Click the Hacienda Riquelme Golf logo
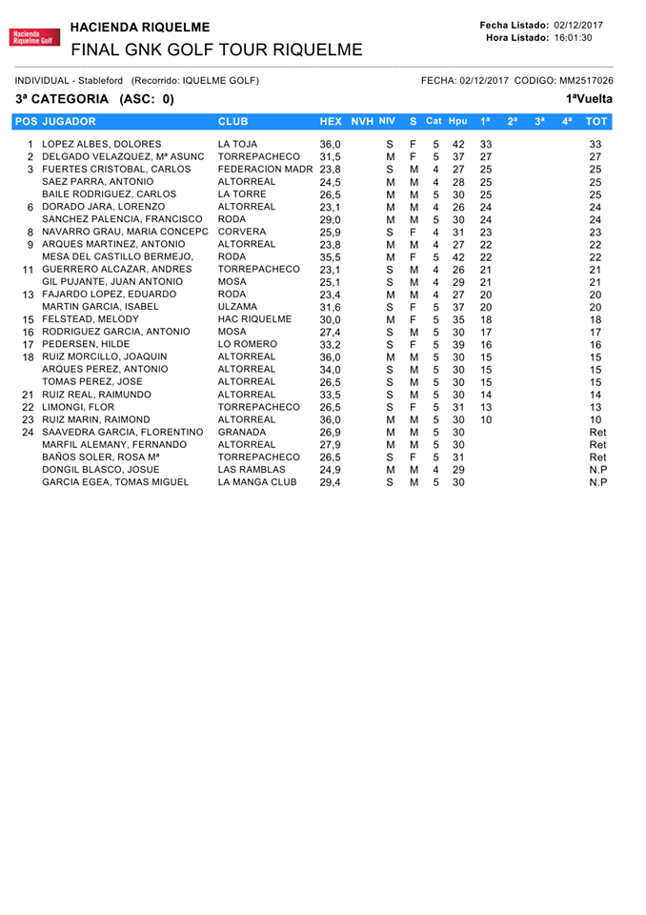pyautogui.click(x=34, y=37)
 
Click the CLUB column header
pyautogui.click(x=235, y=121)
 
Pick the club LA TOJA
pyautogui.click(x=238, y=144)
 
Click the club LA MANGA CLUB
pyautogui.click(x=258, y=482)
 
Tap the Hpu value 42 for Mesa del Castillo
pyautogui.click(x=458, y=257)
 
